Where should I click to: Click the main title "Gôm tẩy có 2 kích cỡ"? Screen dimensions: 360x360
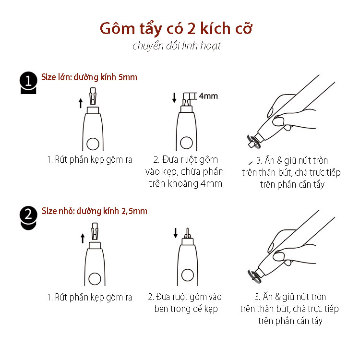[176, 28]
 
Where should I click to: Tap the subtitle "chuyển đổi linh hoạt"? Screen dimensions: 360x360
[177, 46]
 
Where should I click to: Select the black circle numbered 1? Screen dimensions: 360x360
[28, 80]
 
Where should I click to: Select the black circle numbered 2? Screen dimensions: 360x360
[28, 215]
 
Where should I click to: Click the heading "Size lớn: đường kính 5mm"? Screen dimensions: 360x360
[89, 77]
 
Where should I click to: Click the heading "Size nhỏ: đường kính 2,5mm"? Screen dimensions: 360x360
[95, 211]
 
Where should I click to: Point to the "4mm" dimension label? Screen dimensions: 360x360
[208, 96]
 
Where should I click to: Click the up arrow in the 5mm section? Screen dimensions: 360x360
[81, 103]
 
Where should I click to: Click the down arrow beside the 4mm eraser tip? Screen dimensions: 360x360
[174, 97]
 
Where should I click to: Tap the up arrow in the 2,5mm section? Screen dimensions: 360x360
[83, 238]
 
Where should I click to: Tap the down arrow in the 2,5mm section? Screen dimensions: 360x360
[175, 233]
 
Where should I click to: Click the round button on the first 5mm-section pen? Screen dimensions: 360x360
[93, 144]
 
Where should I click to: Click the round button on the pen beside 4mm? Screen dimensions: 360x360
[186, 143]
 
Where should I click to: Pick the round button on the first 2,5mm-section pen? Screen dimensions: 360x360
[95, 279]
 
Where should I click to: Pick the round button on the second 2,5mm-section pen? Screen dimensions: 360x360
[188, 275]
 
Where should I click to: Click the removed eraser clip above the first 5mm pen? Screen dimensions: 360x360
[93, 96]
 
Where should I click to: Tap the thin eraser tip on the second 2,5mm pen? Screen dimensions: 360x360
[187, 233]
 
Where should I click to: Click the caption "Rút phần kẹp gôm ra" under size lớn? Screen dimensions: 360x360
[90, 159]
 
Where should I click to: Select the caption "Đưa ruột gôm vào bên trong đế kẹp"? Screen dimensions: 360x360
[185, 303]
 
